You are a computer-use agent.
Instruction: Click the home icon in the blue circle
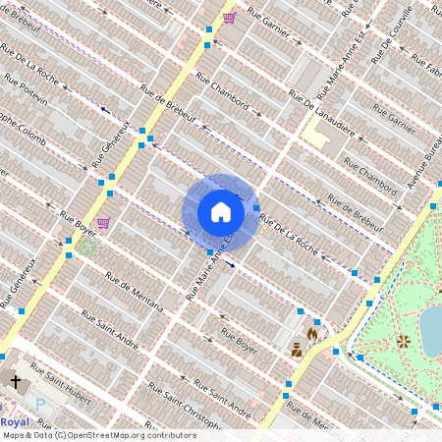tap(221, 212)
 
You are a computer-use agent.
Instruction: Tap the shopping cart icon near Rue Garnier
tap(229, 18)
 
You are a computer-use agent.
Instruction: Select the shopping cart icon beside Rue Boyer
tap(103, 223)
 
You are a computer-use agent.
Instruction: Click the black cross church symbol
tap(15, 380)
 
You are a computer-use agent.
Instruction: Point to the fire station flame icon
tap(311, 333)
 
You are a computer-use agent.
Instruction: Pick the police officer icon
tap(295, 348)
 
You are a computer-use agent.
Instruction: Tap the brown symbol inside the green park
tap(403, 342)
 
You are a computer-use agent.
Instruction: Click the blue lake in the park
tap(432, 329)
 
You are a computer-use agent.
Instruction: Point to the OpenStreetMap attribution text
tap(98, 435)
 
